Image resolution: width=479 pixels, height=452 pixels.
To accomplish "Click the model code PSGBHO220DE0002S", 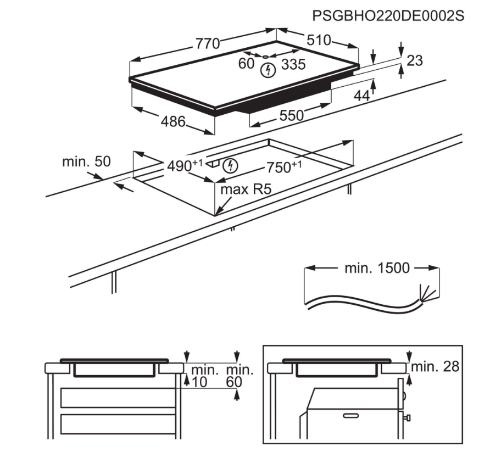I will click(x=388, y=16).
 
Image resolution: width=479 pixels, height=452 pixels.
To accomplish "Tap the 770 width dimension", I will click(x=208, y=43).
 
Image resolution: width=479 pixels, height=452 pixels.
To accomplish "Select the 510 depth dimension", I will click(x=319, y=40).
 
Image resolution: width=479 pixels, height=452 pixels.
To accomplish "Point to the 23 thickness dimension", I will click(x=415, y=60).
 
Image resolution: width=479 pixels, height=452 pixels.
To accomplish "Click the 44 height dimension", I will click(x=360, y=96).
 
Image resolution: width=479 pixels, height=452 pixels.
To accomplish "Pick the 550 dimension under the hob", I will click(x=292, y=115).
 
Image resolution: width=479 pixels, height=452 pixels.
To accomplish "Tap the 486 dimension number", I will click(x=173, y=122).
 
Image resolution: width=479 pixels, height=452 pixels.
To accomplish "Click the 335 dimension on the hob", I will click(x=293, y=64).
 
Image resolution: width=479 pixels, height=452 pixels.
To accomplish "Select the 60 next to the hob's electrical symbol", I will click(x=246, y=64).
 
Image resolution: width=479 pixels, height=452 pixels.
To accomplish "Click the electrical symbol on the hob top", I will click(x=268, y=69).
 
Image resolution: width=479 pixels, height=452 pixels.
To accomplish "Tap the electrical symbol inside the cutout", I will click(x=233, y=165).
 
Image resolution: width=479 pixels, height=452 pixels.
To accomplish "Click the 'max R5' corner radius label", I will click(x=247, y=189).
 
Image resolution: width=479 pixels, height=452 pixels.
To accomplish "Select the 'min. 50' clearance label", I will click(x=86, y=162).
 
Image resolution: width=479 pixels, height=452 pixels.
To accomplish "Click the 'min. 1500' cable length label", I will click(x=377, y=268).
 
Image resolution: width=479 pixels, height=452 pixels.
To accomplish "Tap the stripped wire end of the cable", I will click(x=426, y=292).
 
